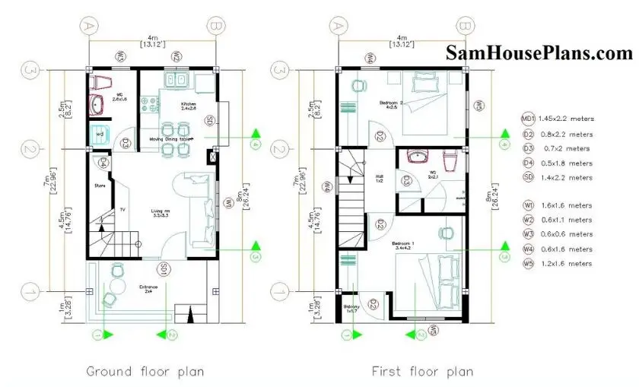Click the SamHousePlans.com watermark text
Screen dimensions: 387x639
(x=539, y=53)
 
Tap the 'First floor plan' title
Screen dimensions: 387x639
(x=422, y=371)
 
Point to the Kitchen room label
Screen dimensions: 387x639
(x=189, y=103)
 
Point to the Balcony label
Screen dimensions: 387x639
(x=351, y=306)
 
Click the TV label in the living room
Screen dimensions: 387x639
(x=121, y=210)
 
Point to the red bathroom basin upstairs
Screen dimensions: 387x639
(x=418, y=157)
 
